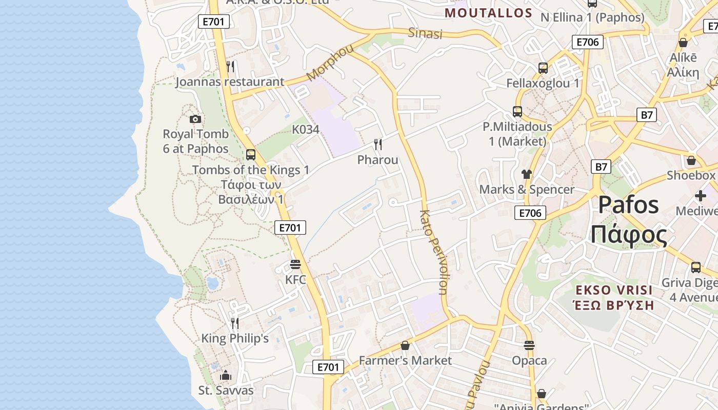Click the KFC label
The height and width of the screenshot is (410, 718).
295,280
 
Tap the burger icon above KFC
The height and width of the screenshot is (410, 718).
295,264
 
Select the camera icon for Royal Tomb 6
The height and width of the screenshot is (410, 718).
195,119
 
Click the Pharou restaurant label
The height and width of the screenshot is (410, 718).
377,160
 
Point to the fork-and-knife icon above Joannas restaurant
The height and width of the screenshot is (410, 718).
231,66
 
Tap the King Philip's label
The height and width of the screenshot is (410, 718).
235,338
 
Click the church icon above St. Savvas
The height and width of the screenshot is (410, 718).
226,375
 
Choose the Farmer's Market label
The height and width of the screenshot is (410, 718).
405,360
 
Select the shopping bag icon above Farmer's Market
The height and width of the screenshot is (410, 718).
405,345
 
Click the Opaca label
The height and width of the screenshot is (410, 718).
529,360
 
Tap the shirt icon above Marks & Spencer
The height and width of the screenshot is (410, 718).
527,174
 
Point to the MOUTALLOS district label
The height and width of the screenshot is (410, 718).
488,13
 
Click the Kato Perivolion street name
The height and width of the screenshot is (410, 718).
433,252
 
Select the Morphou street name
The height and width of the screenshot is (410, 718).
331,63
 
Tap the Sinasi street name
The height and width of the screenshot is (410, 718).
425,33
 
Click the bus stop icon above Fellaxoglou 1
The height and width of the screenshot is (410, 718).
543,68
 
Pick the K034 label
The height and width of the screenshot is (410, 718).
306,129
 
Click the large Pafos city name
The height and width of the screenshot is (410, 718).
628,205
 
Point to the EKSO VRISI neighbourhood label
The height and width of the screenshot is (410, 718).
613,290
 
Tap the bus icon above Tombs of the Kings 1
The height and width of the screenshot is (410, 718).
251,154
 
